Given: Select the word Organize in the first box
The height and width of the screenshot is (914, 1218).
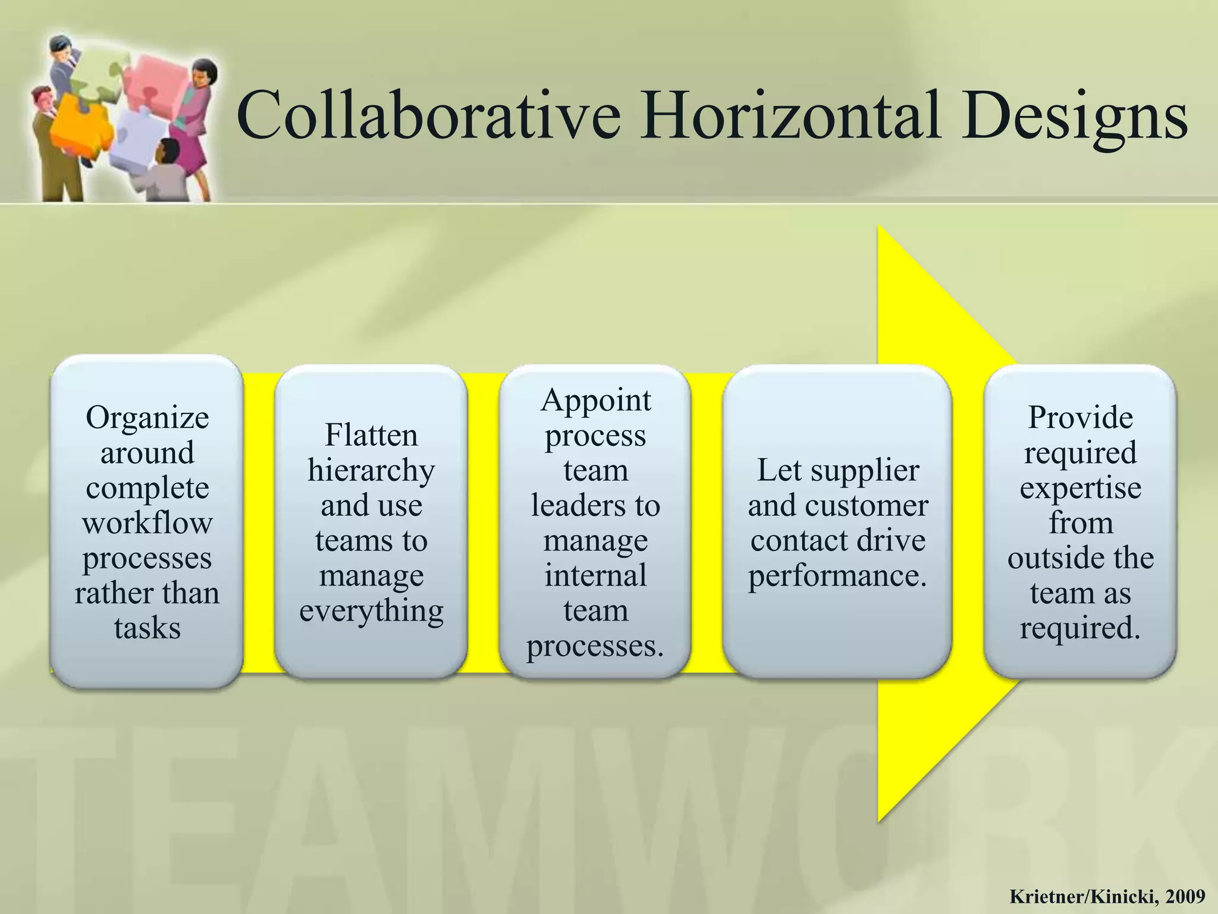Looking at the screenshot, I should coord(147,418).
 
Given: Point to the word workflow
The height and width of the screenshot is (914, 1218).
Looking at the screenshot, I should coord(147,523).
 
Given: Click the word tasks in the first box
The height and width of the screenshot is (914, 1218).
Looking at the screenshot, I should coord(147,628).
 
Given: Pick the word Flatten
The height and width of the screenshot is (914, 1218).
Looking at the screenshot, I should coord(371,435).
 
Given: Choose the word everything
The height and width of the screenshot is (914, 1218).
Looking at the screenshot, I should coord(371,611).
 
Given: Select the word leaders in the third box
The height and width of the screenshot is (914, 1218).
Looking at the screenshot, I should coord(573,505).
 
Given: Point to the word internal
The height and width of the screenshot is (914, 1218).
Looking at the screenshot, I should coord(595,575).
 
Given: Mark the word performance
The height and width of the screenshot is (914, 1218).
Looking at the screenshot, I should coord(837,575).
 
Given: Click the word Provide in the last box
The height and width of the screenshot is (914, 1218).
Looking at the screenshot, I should coord(1080,417).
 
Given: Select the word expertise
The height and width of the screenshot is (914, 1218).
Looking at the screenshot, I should coord(1080,489).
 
